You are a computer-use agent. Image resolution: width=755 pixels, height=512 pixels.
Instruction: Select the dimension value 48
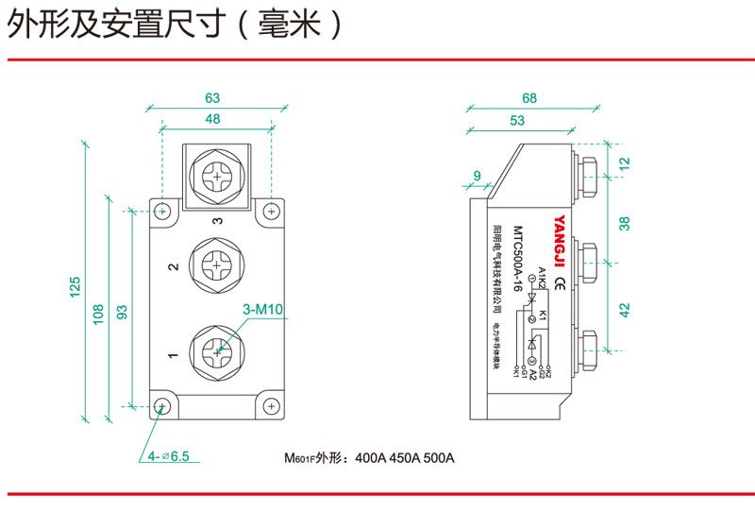click(212, 119)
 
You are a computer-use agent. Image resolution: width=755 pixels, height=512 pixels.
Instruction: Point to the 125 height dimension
click(75, 286)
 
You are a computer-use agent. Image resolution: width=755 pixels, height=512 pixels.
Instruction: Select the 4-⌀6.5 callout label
click(168, 456)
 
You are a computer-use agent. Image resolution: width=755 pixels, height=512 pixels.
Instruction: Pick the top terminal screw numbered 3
click(218, 176)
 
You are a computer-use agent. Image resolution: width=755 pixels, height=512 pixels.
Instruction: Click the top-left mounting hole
click(163, 210)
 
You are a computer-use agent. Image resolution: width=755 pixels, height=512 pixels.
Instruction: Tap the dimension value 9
click(477, 176)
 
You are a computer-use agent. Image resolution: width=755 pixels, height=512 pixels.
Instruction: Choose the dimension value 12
click(624, 163)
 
